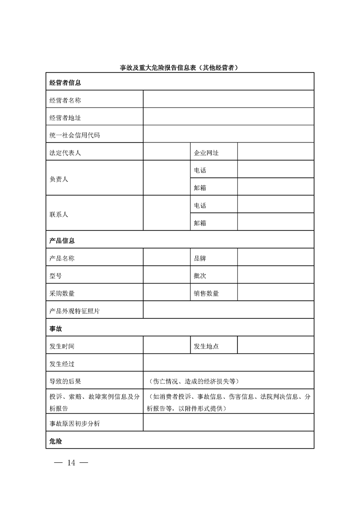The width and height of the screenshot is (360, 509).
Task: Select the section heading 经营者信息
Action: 65,83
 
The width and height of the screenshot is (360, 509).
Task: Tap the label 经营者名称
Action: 65,100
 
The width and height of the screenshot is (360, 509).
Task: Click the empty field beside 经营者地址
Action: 228,117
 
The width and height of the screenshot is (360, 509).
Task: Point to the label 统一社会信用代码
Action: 74,135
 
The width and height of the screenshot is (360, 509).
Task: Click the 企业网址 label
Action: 206,153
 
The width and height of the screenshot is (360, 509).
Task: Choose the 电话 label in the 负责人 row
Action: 200,171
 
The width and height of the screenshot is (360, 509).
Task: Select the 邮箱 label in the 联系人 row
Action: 200,223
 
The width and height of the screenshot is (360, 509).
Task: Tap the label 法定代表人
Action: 65,153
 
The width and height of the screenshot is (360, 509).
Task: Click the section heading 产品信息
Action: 62,240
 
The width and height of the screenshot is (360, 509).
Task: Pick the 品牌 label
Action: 200,258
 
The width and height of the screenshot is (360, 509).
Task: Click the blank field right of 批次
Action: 276,276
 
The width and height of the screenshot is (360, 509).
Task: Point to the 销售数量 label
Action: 206,294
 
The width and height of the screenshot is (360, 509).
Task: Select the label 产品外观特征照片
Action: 74,311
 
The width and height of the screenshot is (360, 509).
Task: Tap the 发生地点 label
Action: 206,346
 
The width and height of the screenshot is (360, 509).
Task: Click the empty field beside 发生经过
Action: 228,364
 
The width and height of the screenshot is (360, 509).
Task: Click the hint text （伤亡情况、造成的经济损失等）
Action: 193,381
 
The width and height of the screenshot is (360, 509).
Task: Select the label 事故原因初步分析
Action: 74,423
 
